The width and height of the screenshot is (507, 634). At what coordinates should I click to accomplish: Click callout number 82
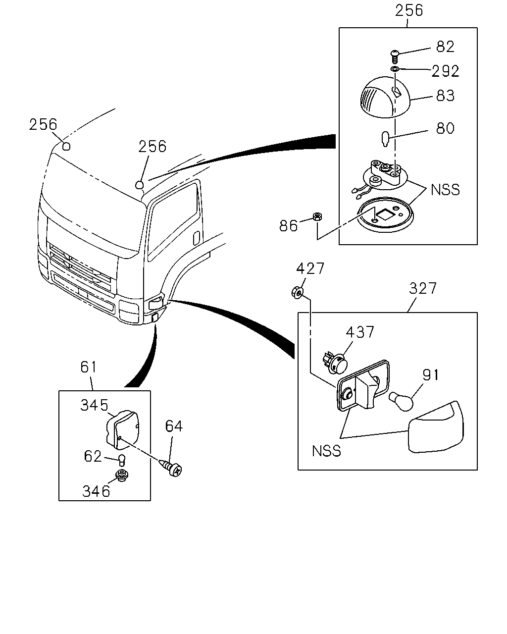tap(445, 47)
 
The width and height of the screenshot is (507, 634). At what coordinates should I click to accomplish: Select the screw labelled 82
tap(395, 56)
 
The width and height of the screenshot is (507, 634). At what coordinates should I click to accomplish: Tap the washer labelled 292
tap(395, 69)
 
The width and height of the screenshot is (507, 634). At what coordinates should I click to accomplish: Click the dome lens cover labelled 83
tap(385, 97)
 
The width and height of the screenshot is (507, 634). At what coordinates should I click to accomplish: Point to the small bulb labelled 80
tap(385, 139)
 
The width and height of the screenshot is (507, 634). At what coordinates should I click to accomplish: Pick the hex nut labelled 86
tap(317, 217)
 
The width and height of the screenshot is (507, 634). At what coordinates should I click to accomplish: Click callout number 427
tap(310, 268)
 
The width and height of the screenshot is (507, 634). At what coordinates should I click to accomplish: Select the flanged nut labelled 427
tap(298, 292)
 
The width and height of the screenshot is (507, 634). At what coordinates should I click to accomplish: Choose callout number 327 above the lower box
tap(422, 288)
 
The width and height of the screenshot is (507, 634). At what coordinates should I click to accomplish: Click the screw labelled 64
tap(171, 467)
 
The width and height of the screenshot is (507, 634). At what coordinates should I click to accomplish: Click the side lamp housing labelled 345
tap(123, 430)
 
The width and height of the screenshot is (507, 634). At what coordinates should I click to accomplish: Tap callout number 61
tap(89, 368)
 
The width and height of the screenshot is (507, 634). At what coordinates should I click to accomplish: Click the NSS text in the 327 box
tap(326, 451)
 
